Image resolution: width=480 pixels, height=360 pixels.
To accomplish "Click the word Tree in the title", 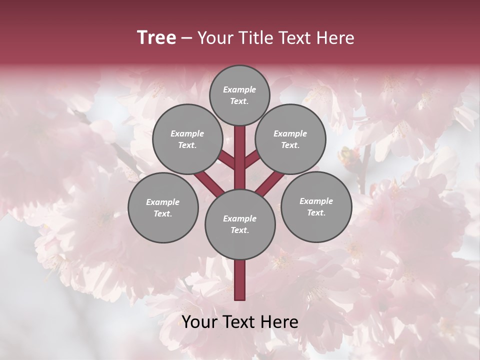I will coord(156,38).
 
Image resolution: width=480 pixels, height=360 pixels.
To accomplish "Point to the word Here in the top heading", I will coord(335,38).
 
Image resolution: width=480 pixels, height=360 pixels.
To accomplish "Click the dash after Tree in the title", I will coord(186,38).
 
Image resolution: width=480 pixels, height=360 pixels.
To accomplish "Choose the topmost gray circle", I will coord(239,95).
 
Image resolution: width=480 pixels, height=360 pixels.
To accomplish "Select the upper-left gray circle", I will coord(187,139).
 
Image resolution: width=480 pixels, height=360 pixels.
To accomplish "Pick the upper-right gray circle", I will coord(290,139).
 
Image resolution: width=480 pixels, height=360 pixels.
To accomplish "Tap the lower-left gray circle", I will coord(162,207).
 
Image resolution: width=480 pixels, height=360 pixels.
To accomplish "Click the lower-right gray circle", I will coord(316,206).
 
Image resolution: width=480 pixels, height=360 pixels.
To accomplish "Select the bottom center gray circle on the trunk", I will coord(239,224).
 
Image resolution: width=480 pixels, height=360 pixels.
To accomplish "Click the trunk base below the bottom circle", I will coord(239,280).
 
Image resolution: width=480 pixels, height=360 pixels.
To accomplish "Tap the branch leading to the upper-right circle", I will coord(251,160).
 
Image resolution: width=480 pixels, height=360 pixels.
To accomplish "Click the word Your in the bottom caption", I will coord(199,322).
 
